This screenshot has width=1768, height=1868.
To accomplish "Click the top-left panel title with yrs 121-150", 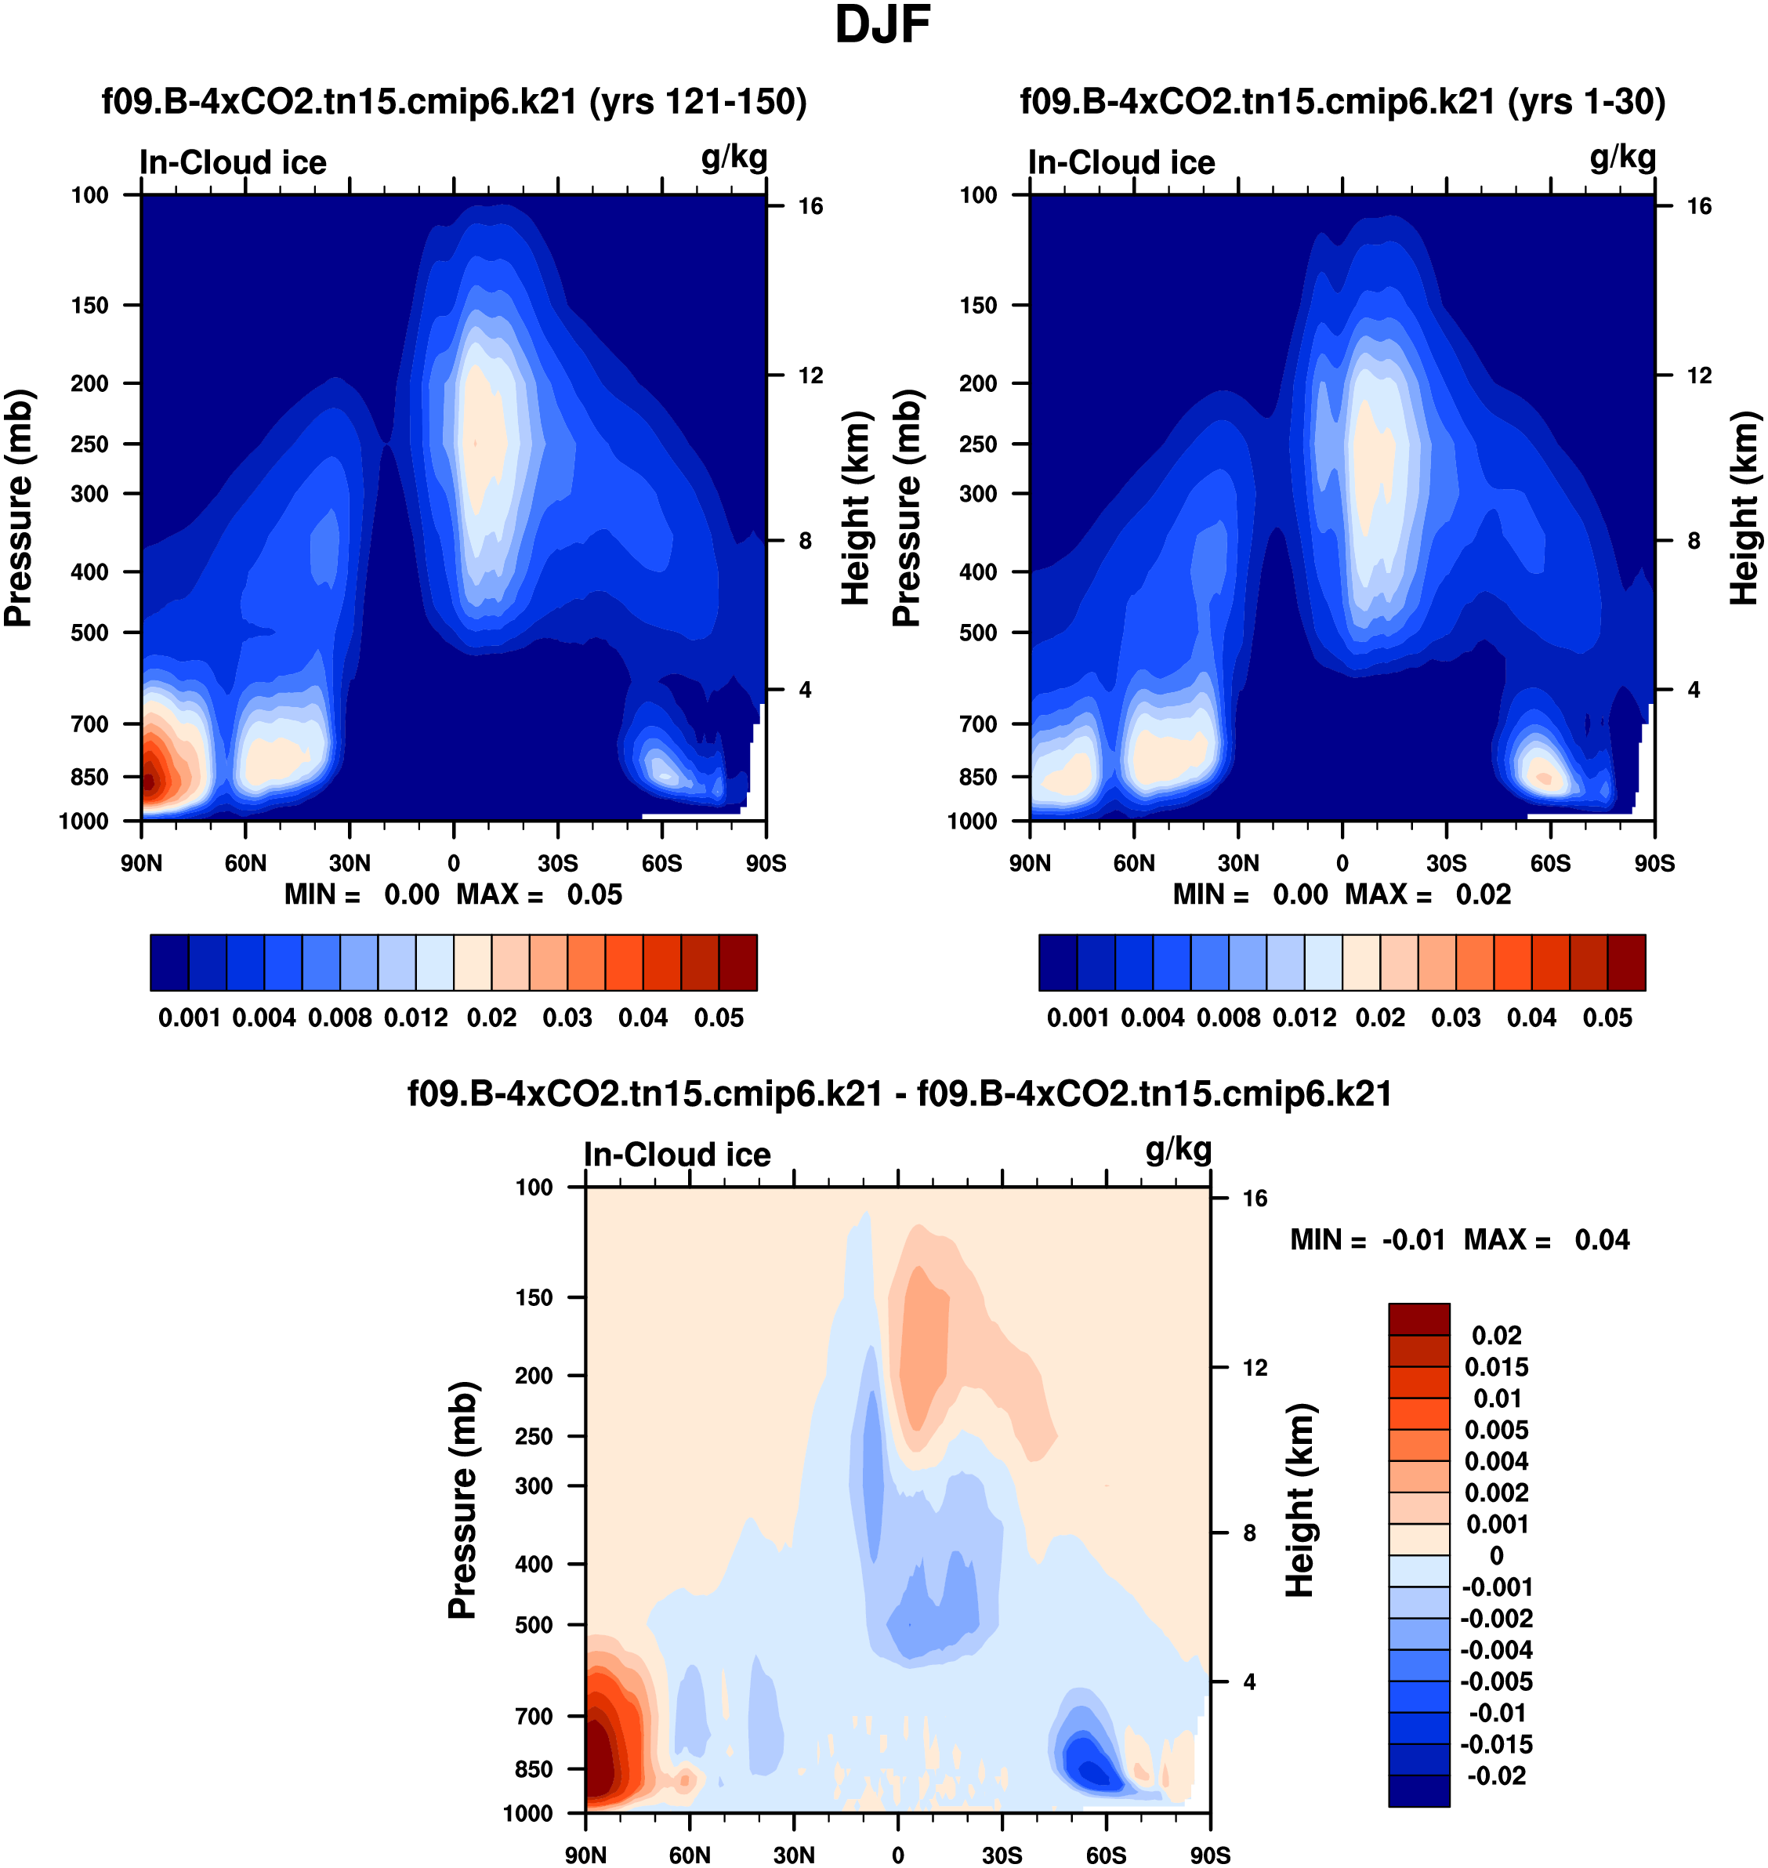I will (455, 102).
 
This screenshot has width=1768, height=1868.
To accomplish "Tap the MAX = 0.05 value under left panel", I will (594, 894).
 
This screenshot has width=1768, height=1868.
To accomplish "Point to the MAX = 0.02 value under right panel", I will (1483, 894).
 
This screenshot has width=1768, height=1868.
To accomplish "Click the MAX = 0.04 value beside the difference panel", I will (1601, 1240).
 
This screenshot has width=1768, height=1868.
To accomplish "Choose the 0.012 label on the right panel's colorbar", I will (1303, 1018).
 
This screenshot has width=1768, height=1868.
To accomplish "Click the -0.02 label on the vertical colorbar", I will (1497, 1776).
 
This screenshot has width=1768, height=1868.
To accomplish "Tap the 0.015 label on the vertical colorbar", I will (1497, 1368).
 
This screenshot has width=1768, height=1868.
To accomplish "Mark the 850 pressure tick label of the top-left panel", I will (89, 778).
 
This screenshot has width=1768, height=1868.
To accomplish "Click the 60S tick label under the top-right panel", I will (1550, 863).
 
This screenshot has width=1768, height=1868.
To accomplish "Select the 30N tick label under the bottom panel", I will (794, 1855).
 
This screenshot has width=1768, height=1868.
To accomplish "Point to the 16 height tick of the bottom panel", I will (1255, 1199).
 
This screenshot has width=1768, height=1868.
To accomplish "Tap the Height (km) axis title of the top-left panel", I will (855, 509).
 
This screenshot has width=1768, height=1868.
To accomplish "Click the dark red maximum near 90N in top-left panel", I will (147, 779).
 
